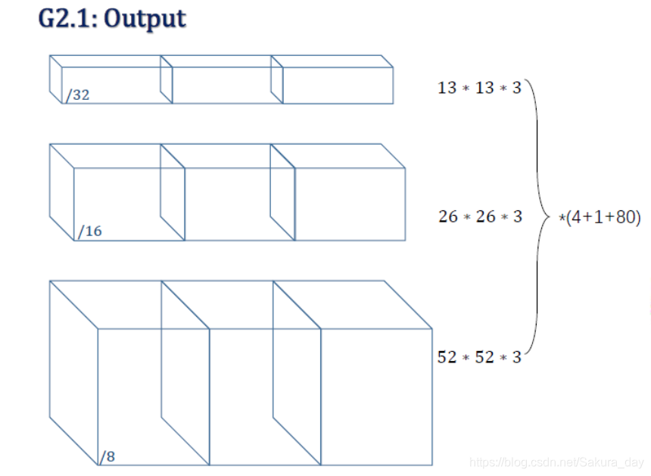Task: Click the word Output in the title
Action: point(145,19)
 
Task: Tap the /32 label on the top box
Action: point(78,95)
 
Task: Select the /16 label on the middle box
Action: point(89,231)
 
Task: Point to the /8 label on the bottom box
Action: point(107,456)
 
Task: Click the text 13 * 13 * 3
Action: point(479,88)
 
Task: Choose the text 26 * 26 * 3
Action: point(480,216)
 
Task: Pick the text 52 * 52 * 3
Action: point(479,357)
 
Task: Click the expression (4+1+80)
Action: point(603,219)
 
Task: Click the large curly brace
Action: point(539,216)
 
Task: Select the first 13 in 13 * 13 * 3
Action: point(447,88)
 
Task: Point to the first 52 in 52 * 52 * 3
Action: point(447,357)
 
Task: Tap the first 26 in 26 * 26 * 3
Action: point(447,216)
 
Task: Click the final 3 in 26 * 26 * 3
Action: point(518,216)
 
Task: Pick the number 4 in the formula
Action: point(575,219)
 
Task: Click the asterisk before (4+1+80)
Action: point(562,219)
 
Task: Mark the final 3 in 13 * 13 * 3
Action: point(517,88)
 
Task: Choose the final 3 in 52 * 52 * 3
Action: point(517,357)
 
